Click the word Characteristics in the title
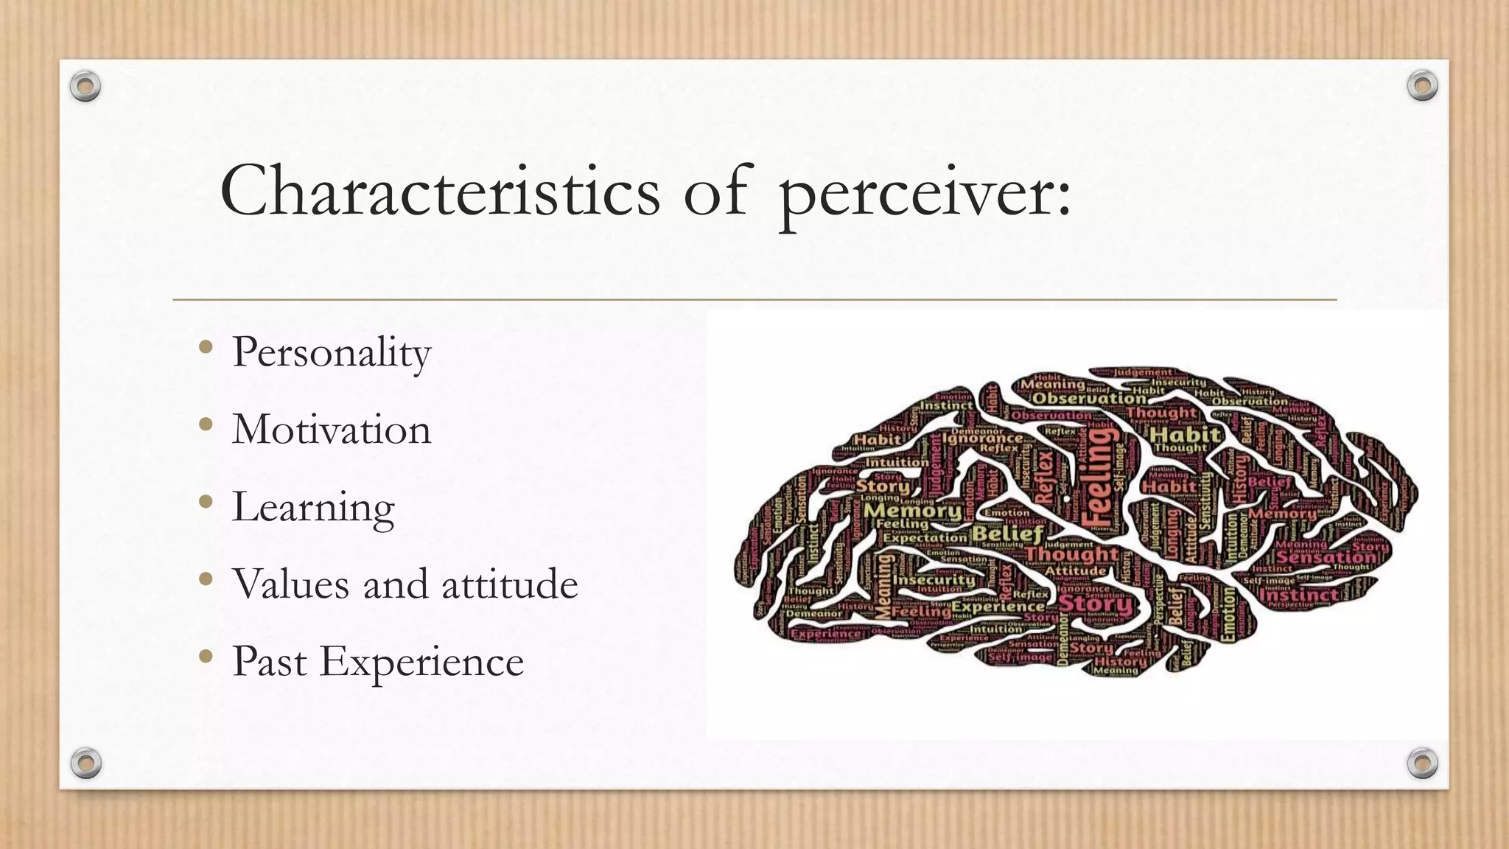(440, 191)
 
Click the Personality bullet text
(331, 352)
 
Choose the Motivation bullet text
(331, 430)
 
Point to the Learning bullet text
(313, 508)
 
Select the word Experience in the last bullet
(421, 662)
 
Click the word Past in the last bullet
(269, 661)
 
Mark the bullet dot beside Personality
(206, 346)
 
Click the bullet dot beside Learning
(206, 501)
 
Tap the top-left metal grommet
(85, 86)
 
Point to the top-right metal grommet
(1422, 85)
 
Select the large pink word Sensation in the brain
(1326, 558)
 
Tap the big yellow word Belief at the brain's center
(1008, 533)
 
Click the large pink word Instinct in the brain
(1298, 594)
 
